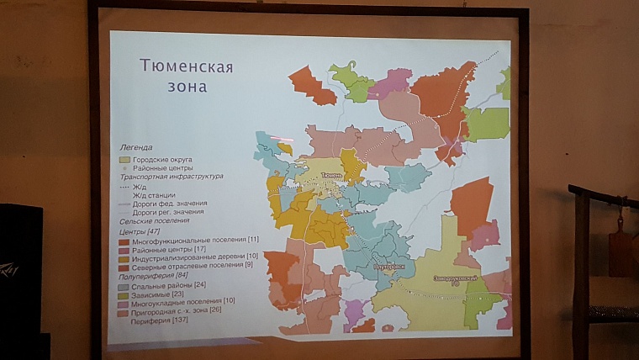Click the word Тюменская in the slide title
pyautogui.click(x=186, y=66)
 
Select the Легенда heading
pyautogui.click(x=136, y=146)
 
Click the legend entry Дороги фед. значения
pyautogui.click(x=169, y=204)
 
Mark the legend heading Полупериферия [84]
pyautogui.click(x=154, y=276)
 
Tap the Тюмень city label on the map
pyautogui.click(x=330, y=175)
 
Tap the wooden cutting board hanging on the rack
pyautogui.click(x=621, y=248)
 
